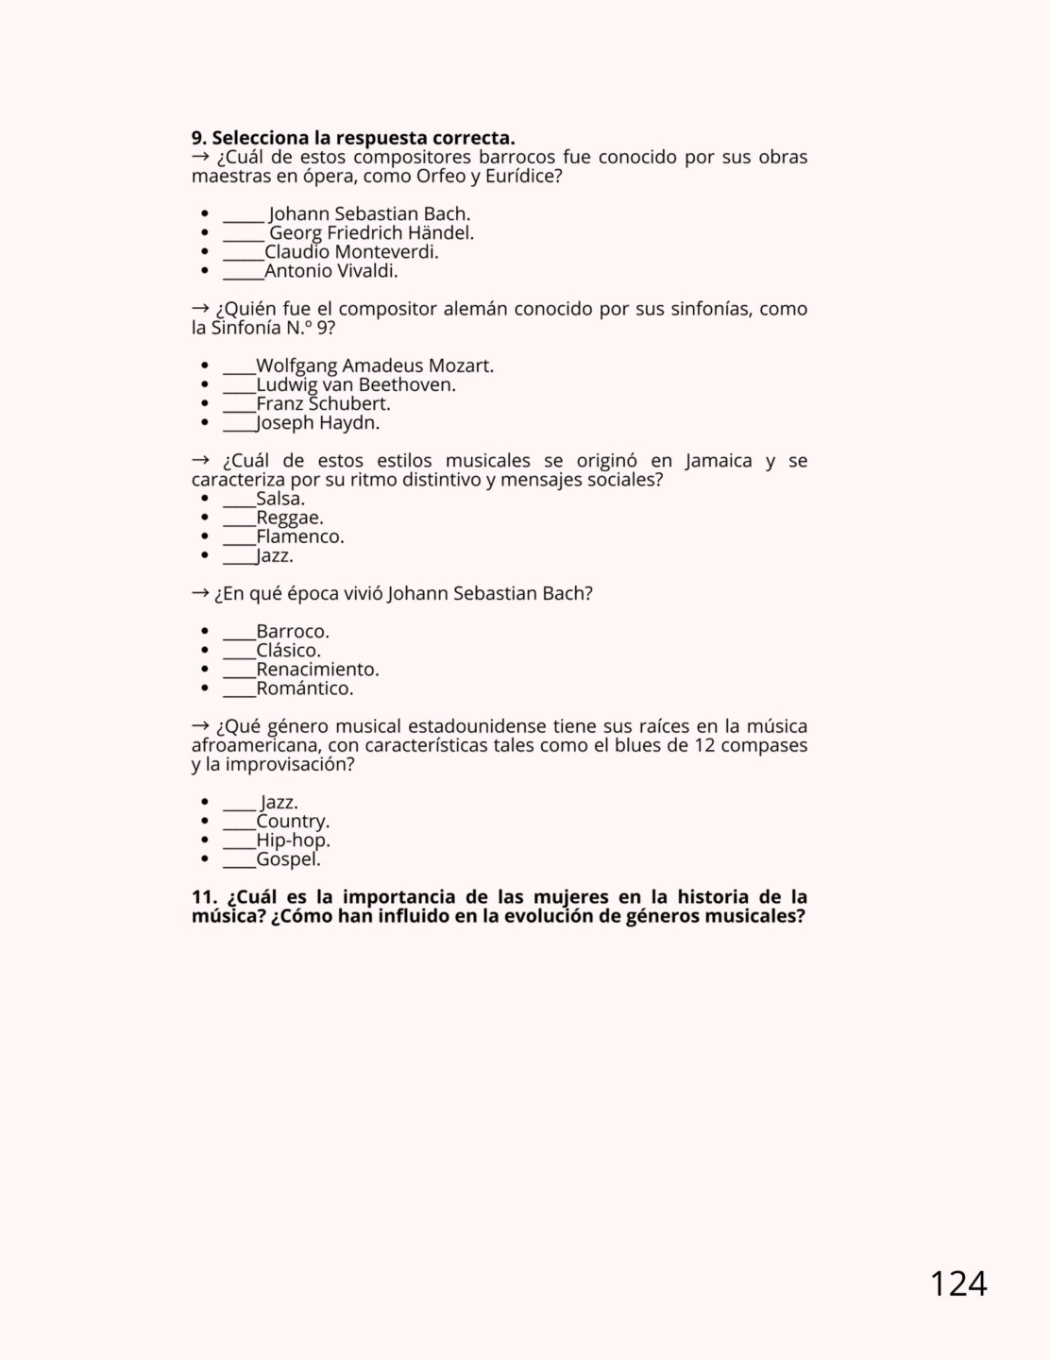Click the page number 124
coord(957,1284)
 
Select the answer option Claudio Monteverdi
coord(351,252)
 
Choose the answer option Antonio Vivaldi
coord(330,271)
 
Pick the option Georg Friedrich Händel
coord(371,233)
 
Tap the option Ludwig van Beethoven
coord(356,385)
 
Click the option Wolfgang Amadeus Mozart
coord(375,366)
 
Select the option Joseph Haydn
coord(317,423)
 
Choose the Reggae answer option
coord(289,518)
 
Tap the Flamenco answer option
coord(299,536)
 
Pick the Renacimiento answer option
coord(317,670)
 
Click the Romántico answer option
coord(304,688)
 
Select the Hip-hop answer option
coord(293,841)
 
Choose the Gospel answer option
coord(288,859)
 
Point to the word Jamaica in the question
coord(719,461)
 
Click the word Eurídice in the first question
coord(518,177)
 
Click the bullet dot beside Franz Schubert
coord(205,404)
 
